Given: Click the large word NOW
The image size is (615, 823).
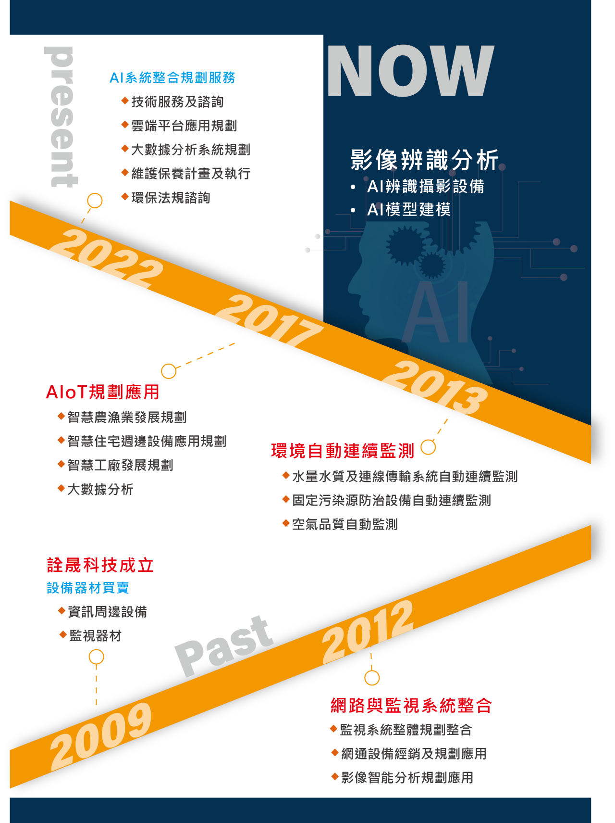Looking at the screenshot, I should tap(410, 71).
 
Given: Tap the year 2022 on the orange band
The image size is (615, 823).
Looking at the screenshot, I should tap(106, 259).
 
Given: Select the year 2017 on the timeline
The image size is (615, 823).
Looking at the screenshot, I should tap(268, 319).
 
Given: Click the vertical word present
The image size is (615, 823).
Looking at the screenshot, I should tap(61, 116).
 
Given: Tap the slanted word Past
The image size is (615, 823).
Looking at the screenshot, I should tap(223, 645).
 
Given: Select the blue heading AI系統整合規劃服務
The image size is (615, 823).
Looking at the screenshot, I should tap(172, 78).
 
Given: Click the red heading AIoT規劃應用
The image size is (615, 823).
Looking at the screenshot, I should tap(102, 392).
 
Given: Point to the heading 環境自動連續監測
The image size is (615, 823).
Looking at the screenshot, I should tap(342, 451).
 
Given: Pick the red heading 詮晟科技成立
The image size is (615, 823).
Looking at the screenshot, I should tap(100, 565).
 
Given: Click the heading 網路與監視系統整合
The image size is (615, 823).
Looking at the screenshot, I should tap(411, 706).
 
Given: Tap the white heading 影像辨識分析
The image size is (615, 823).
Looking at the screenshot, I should tap(424, 160).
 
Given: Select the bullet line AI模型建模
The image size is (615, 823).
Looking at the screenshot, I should tap(408, 210).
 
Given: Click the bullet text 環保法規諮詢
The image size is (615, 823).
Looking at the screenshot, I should tap(171, 198).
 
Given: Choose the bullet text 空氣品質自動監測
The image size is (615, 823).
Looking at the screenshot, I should tap(344, 524).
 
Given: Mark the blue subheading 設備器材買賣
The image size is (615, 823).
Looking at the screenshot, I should tap(88, 588).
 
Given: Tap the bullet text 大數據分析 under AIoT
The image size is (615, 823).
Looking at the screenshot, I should tap(100, 489).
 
